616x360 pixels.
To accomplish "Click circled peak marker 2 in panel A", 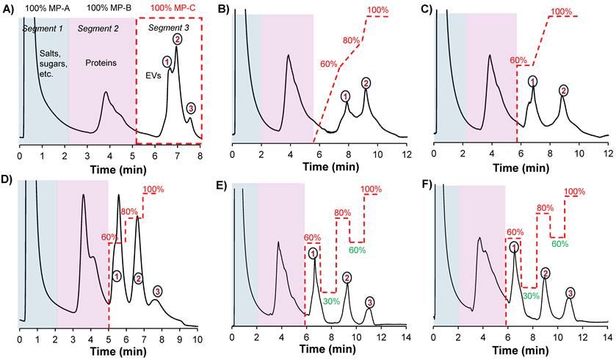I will [176, 39].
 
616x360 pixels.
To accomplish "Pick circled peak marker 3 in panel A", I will [191, 109].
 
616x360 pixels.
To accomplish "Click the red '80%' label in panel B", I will [352, 40].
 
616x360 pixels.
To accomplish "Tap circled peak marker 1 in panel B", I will [346, 96].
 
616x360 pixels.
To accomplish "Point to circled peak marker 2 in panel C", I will [563, 90].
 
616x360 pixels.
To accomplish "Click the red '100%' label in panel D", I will [153, 190].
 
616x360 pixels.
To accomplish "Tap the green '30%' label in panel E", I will [330, 300].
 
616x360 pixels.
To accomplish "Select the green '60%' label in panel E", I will [357, 251].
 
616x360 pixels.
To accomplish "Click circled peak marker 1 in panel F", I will [514, 248].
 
